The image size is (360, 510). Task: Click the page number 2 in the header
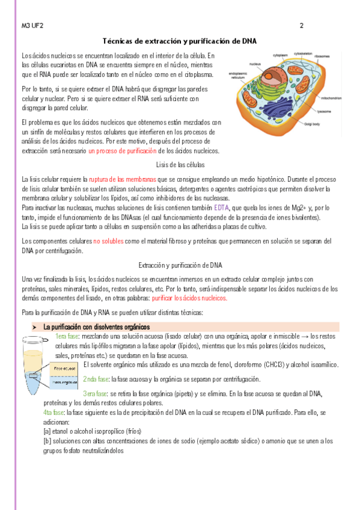301,26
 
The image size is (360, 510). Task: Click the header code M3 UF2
32,26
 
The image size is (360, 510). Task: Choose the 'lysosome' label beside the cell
324,111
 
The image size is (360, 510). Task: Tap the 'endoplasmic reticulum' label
239,76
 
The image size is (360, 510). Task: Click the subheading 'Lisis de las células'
180,164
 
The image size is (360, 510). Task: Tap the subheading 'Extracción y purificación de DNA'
180,265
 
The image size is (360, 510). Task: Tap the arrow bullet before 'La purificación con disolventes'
35,327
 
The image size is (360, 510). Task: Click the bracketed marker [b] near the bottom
47,441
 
